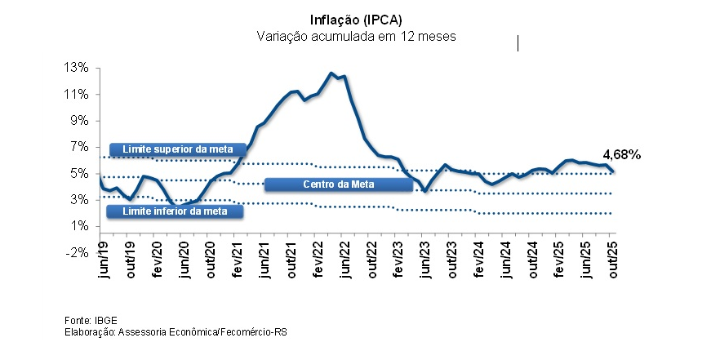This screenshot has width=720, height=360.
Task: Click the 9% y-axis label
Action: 78,120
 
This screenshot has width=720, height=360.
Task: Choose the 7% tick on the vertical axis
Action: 78,147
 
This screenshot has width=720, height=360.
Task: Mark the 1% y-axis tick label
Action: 78,226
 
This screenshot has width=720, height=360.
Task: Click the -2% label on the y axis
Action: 77,252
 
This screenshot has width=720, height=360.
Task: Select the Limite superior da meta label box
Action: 177,149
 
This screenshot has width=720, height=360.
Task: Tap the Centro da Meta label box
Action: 338,184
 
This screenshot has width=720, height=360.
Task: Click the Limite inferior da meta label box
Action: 176,211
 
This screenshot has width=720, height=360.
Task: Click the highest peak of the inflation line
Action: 331,73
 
